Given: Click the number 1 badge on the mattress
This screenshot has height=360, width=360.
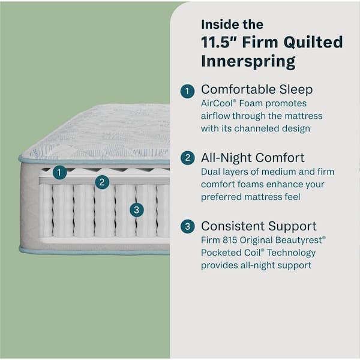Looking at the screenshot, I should (59, 173).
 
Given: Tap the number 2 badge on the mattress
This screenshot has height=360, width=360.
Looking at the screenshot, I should (102, 182).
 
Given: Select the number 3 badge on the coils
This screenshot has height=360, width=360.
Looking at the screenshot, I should (137, 209).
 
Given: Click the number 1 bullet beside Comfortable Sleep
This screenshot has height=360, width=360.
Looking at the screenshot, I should (188, 91).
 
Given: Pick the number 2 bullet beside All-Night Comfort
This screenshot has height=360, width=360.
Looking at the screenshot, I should (188, 158).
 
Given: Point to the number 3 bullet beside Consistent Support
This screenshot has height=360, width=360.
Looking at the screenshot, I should (188, 227).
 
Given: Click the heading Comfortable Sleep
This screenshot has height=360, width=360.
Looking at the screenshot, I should (257, 89).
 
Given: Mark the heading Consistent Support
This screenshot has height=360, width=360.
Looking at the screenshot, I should (259, 226).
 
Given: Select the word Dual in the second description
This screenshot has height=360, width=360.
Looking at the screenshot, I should (212, 172).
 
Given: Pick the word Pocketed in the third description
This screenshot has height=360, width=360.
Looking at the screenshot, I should (221, 253).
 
